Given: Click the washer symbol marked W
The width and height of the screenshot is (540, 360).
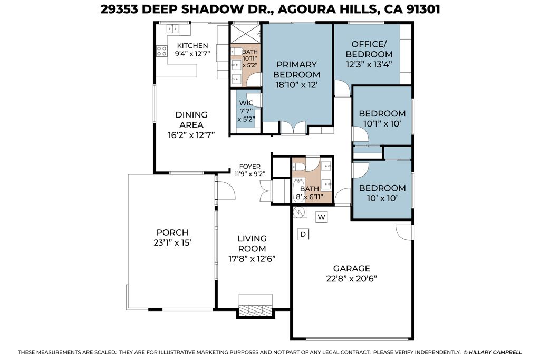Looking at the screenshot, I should point(322,217).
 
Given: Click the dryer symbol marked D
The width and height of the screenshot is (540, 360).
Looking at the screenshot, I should point(303,234).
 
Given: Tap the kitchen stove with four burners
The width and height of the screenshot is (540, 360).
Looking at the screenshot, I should point(161,52).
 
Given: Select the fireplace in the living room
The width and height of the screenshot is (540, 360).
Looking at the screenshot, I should point(255,310).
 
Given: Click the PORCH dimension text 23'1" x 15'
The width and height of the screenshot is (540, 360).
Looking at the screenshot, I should point(172,243).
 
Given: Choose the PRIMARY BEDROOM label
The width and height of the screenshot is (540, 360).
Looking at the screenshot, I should point(296,69).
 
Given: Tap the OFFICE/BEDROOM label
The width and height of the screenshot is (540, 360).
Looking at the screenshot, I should point(372,49).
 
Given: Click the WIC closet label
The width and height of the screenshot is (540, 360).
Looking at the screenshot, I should point(246,103).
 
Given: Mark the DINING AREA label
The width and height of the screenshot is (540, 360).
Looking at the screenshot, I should point(191,120).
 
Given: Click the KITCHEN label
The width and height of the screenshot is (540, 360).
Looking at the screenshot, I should point(192,46).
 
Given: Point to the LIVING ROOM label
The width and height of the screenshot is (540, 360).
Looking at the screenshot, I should point(252,244).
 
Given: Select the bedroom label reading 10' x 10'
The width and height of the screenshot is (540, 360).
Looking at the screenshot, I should point(382,199).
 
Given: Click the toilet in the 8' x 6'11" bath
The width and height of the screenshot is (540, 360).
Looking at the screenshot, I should point(299,168).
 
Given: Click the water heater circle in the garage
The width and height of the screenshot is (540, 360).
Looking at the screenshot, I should point(299,212).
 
